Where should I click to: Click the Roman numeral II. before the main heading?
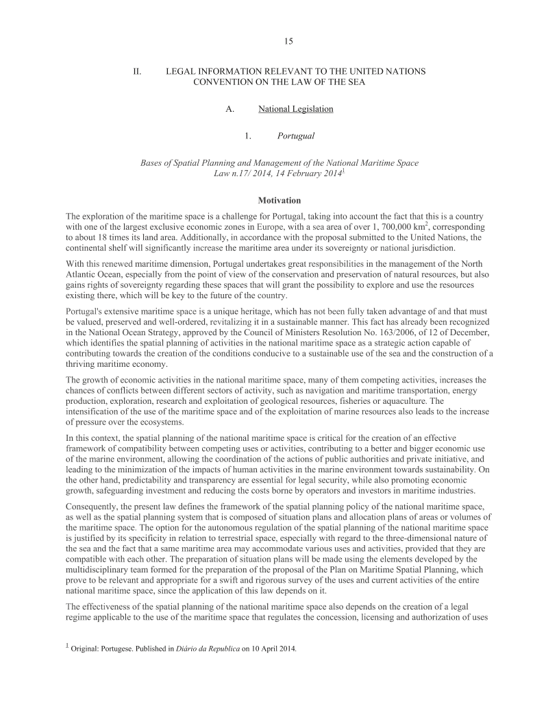(x=138, y=71)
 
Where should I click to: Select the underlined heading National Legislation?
(x=296, y=109)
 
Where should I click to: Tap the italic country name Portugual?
(x=296, y=136)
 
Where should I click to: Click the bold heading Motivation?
(x=279, y=200)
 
